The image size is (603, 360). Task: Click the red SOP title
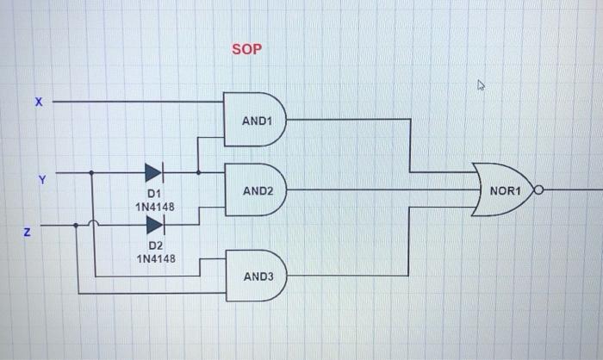click(246, 50)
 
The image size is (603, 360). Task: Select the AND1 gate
click(255, 121)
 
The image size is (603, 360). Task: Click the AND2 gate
click(255, 190)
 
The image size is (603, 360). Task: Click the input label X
click(38, 102)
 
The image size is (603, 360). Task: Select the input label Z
click(27, 231)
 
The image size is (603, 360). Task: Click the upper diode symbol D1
click(153, 172)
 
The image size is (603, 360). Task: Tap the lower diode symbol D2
click(154, 226)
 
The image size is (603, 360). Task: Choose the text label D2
click(156, 245)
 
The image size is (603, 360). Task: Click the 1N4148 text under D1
click(155, 207)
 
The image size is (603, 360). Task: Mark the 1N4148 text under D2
click(156, 258)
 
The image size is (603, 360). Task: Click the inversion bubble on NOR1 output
click(539, 189)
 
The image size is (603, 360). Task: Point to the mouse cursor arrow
click(481, 85)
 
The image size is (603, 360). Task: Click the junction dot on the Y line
click(91, 172)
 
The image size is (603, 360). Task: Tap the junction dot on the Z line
click(77, 226)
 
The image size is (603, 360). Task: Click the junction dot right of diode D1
click(198, 172)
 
